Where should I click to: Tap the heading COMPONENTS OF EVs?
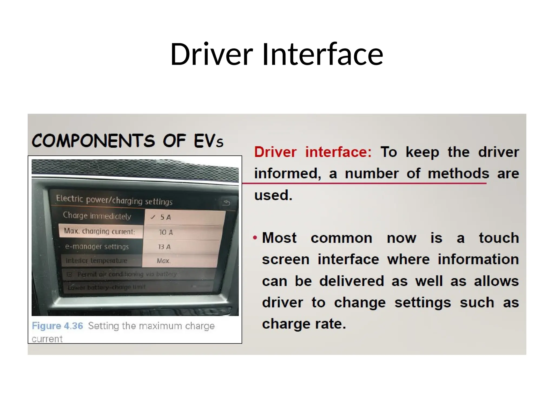127,141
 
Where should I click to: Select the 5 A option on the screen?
166,217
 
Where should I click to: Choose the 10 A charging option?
166,232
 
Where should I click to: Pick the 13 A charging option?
164,247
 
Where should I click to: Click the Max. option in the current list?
164,261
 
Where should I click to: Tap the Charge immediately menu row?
97,216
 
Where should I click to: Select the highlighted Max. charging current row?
100,231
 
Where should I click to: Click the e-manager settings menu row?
97,246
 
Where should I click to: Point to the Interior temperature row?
96,261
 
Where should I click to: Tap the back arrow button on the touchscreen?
226,202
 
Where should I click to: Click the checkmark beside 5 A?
153,217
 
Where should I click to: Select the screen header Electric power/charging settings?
114,200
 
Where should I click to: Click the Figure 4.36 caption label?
57,326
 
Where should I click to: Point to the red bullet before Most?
255,238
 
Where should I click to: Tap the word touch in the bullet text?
499,238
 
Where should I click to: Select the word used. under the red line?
273,195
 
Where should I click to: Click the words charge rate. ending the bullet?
304,324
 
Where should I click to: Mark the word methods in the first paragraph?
458,173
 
